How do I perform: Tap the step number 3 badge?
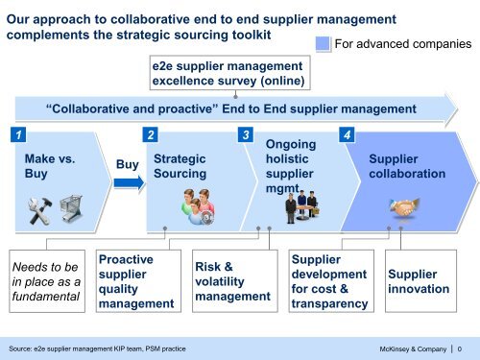247,133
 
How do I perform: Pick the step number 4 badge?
349,133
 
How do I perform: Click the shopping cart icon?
69,205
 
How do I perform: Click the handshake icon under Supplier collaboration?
403,206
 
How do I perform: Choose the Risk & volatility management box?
230,281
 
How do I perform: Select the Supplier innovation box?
418,281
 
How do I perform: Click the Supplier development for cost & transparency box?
329,281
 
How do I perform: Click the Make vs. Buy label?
48,165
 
